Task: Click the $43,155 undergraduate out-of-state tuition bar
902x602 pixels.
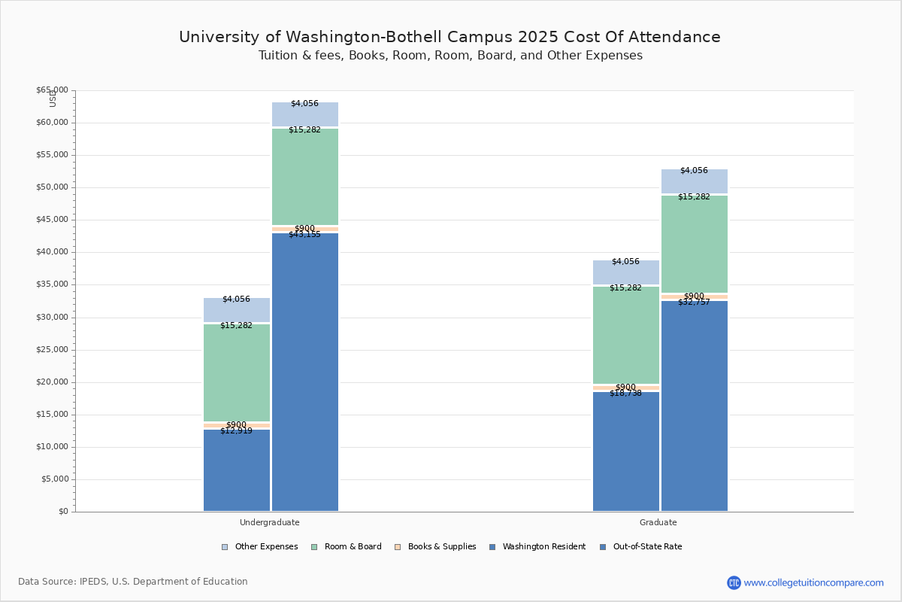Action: [305, 372]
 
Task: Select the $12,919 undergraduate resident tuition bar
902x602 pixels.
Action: [237, 470]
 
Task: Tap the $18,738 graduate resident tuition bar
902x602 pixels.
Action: [626, 451]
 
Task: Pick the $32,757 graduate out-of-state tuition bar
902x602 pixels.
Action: [695, 406]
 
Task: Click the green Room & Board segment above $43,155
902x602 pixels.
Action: [305, 177]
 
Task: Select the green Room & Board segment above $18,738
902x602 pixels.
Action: [626, 335]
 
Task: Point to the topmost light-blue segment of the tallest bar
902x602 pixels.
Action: [305, 114]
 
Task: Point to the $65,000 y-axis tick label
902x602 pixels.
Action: [52, 90]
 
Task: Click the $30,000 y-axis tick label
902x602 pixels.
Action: [52, 318]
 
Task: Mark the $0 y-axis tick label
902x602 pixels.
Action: [62, 512]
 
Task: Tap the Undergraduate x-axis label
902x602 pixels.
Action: [270, 522]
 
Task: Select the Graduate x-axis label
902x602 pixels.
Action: [658, 522]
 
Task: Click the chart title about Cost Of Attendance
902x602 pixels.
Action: [449, 37]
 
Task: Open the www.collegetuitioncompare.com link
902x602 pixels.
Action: [813, 582]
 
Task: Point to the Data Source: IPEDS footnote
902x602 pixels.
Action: [133, 582]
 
